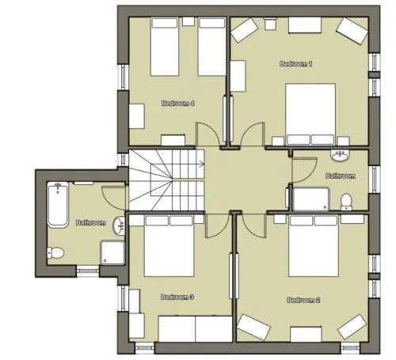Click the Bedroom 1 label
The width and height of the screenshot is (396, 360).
[296, 64]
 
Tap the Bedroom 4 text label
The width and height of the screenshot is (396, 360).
[178, 104]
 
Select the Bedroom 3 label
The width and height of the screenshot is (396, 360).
[177, 297]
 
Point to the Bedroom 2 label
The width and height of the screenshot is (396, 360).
[303, 300]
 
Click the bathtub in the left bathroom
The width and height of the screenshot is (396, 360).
[58, 204]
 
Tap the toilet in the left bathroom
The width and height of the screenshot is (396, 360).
[55, 253]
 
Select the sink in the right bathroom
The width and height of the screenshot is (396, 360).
[340, 156]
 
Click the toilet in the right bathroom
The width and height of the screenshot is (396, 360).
[346, 202]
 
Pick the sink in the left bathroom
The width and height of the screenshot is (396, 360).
[119, 225]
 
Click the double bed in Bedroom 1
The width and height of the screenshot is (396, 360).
[310, 114]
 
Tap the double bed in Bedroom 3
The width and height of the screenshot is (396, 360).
[169, 246]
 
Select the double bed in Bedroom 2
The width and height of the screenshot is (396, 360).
[314, 246]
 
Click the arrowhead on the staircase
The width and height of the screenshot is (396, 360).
[203, 165]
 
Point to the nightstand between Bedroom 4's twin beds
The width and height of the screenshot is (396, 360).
[188, 21]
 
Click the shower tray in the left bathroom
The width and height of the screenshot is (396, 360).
[112, 252]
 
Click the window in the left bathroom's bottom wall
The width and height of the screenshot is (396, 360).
[88, 271]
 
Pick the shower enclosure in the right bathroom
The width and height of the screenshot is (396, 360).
[311, 199]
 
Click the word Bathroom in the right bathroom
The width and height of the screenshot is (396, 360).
[340, 176]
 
